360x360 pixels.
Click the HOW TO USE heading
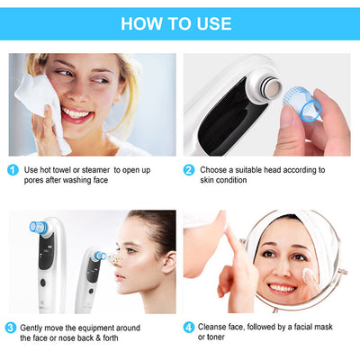(x=175, y=23)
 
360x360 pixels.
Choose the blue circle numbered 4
(x=190, y=327)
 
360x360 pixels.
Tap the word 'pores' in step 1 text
(x=39, y=181)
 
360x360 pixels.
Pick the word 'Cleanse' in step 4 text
(x=217, y=327)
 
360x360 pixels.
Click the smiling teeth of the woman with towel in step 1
(x=76, y=113)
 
